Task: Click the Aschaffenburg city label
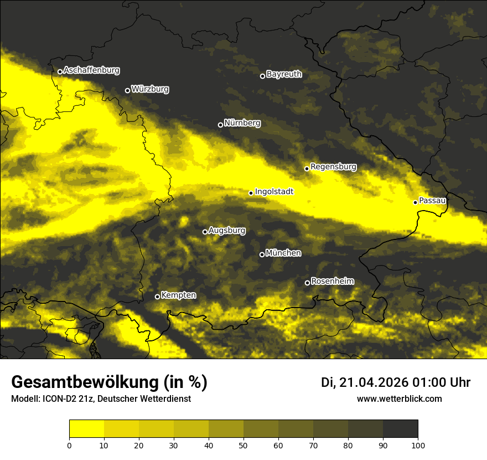(x=91, y=70)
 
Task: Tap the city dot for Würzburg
(x=127, y=90)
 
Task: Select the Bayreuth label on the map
(x=284, y=74)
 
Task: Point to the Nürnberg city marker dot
(x=220, y=125)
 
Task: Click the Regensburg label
(x=333, y=166)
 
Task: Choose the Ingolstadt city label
(x=274, y=191)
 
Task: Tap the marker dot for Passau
(x=415, y=202)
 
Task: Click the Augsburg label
(x=227, y=230)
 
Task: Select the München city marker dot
(x=262, y=254)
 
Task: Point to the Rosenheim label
(x=332, y=281)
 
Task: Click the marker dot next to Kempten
(x=157, y=297)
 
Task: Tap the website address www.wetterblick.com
(x=399, y=399)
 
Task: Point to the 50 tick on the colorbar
(x=244, y=444)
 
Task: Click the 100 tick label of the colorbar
(x=417, y=444)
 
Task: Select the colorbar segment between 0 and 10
(x=86, y=429)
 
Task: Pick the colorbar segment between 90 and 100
(x=400, y=429)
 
